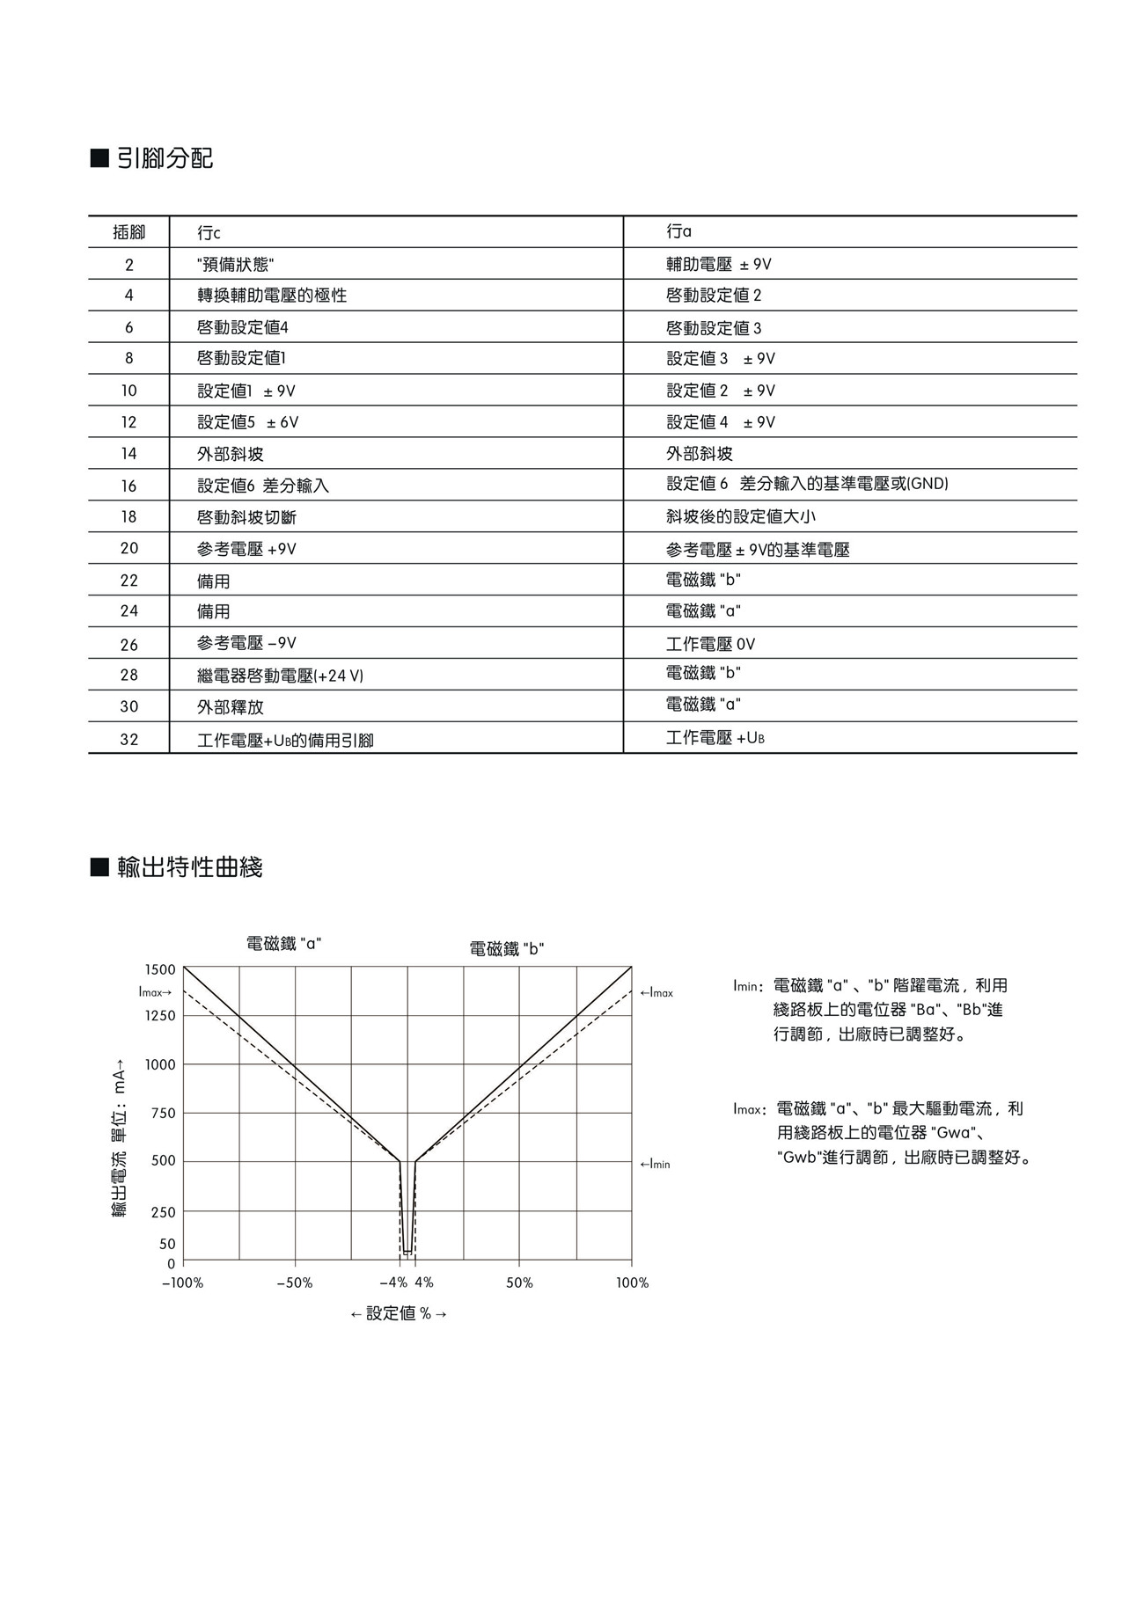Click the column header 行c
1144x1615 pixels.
coord(209,233)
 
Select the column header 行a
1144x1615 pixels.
coord(678,231)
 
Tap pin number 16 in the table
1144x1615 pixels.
coord(128,486)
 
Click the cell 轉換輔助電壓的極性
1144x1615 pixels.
coord(271,296)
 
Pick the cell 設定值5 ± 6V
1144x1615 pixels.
coord(247,422)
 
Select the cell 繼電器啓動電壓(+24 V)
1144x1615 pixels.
coord(280,676)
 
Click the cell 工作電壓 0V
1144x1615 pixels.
coord(710,644)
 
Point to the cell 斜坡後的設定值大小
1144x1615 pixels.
coord(734,516)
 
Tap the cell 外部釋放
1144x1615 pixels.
coord(230,707)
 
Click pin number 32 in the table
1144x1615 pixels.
coord(128,740)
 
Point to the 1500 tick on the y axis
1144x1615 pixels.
coord(160,969)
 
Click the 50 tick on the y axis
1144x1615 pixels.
coord(167,1244)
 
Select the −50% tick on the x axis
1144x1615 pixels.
coord(294,1283)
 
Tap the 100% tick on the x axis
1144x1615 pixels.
coord(632,1283)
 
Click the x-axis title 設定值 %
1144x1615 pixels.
coord(399,1313)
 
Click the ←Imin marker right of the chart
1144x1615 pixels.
coord(655,1165)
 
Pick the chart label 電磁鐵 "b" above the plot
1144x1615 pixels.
coord(506,949)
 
